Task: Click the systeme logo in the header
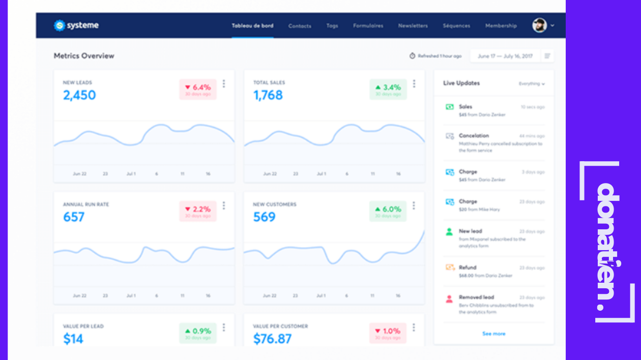(x=76, y=25)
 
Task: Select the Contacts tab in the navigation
(x=300, y=26)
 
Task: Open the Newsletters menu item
(x=413, y=25)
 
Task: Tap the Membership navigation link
(x=501, y=25)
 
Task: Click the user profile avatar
(x=539, y=25)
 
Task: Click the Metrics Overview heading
(x=84, y=56)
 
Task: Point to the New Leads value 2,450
(x=79, y=95)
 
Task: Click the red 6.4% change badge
(x=198, y=89)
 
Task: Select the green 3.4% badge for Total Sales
(x=388, y=89)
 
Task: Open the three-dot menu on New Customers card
(x=414, y=206)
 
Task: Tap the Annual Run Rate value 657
(x=74, y=217)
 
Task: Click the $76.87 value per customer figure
(x=272, y=339)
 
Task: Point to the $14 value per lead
(x=73, y=339)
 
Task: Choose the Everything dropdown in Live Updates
(x=532, y=84)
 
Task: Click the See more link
(x=493, y=334)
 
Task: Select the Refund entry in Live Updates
(x=468, y=267)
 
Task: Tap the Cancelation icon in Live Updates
(x=450, y=136)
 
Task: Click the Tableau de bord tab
(x=252, y=25)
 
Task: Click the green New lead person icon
(x=449, y=232)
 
